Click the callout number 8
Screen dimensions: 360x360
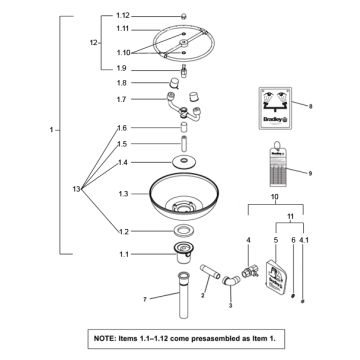[310, 106]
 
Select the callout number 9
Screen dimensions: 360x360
[310, 173]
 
